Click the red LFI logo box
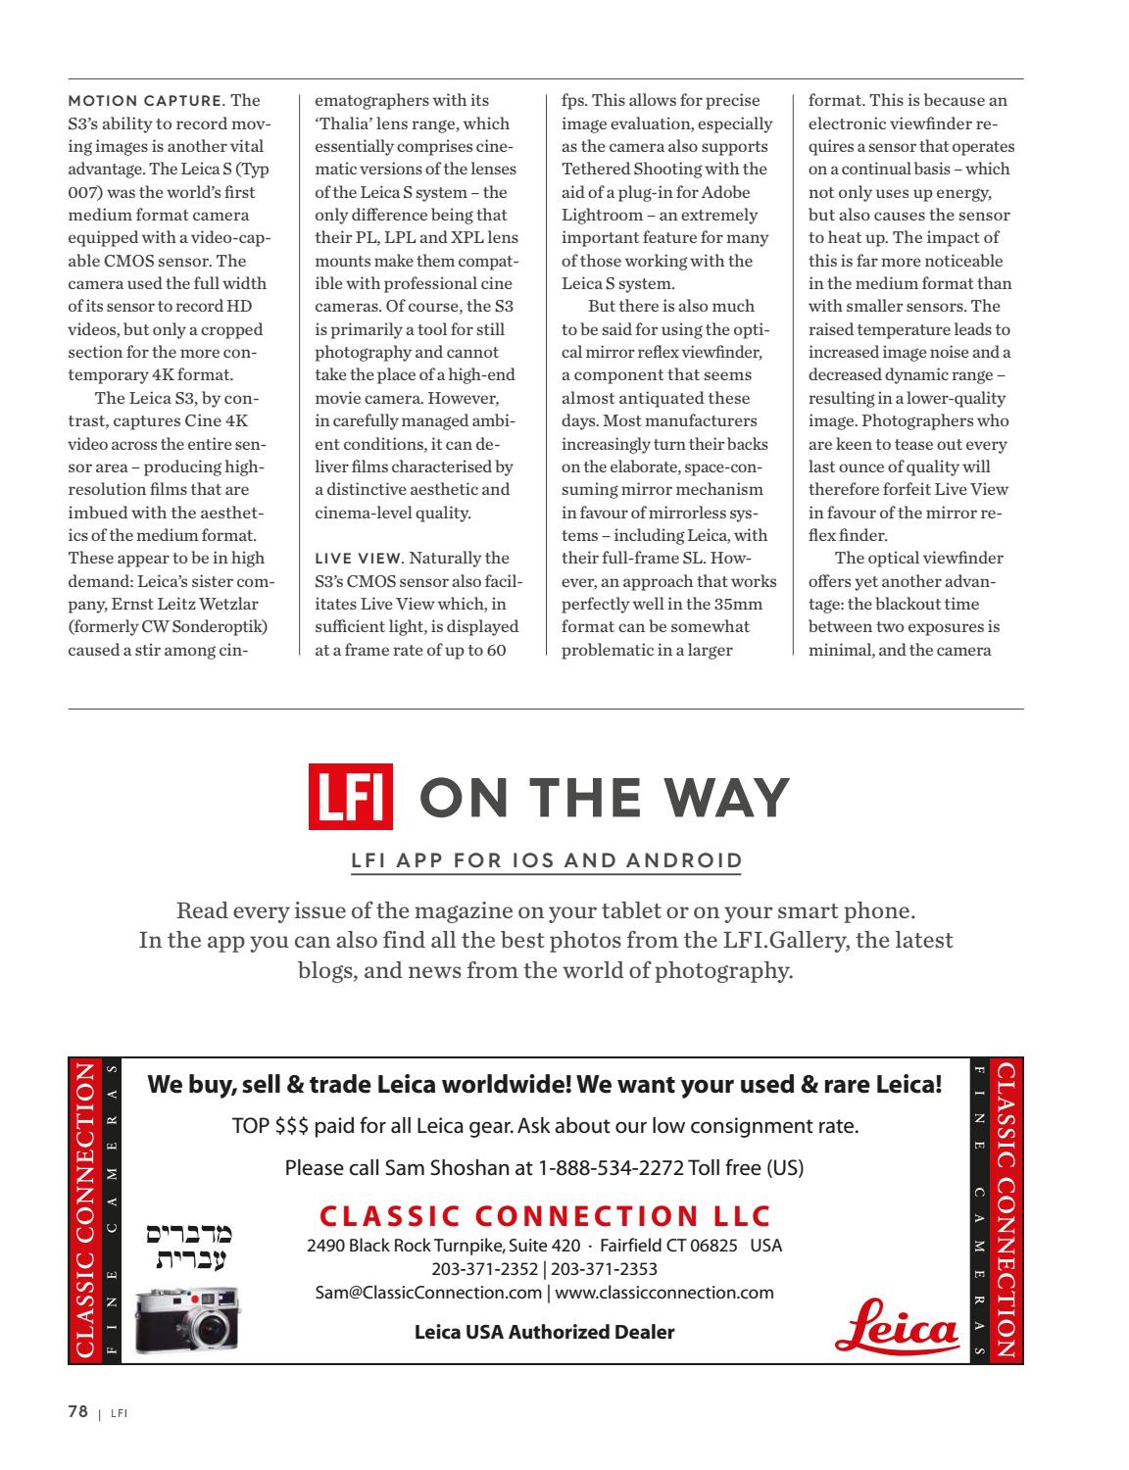351,797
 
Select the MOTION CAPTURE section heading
145,101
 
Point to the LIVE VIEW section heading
358,559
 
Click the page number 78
77,1412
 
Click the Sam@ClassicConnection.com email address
428,1293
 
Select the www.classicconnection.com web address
664,1293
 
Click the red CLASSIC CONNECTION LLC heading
545,1216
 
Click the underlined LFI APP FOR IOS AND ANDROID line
546,861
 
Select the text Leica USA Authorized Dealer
544,1332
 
